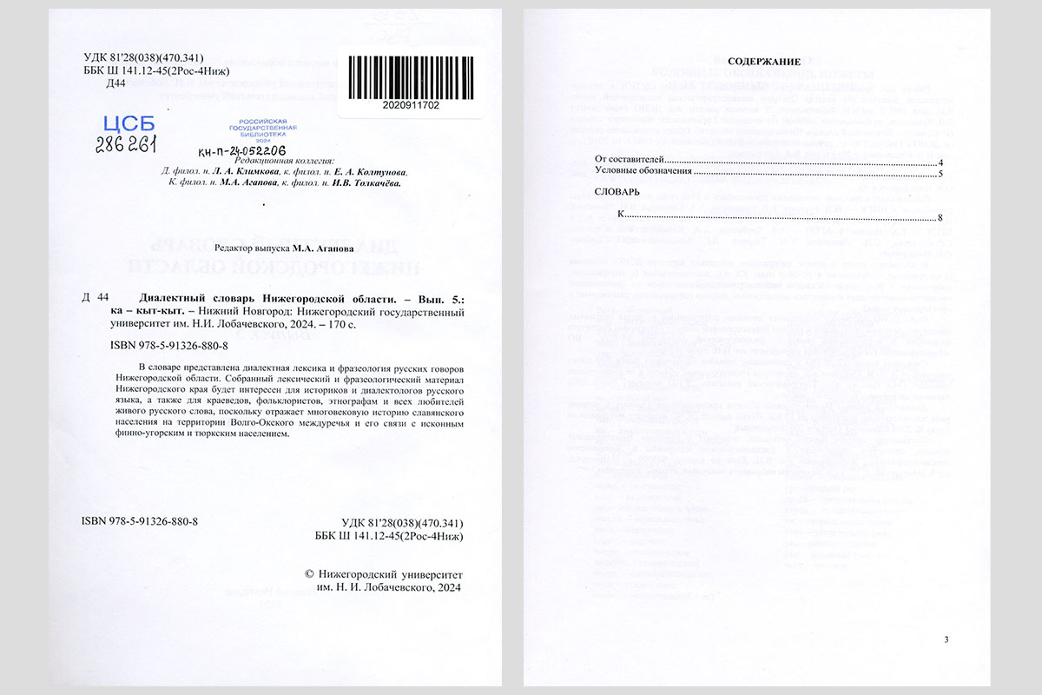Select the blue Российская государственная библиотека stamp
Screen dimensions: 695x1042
point(269,131)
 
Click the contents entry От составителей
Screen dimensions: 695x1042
point(629,162)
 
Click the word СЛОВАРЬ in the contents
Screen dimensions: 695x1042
point(617,191)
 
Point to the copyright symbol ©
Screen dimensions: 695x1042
point(311,575)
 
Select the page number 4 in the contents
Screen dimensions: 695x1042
point(940,162)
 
